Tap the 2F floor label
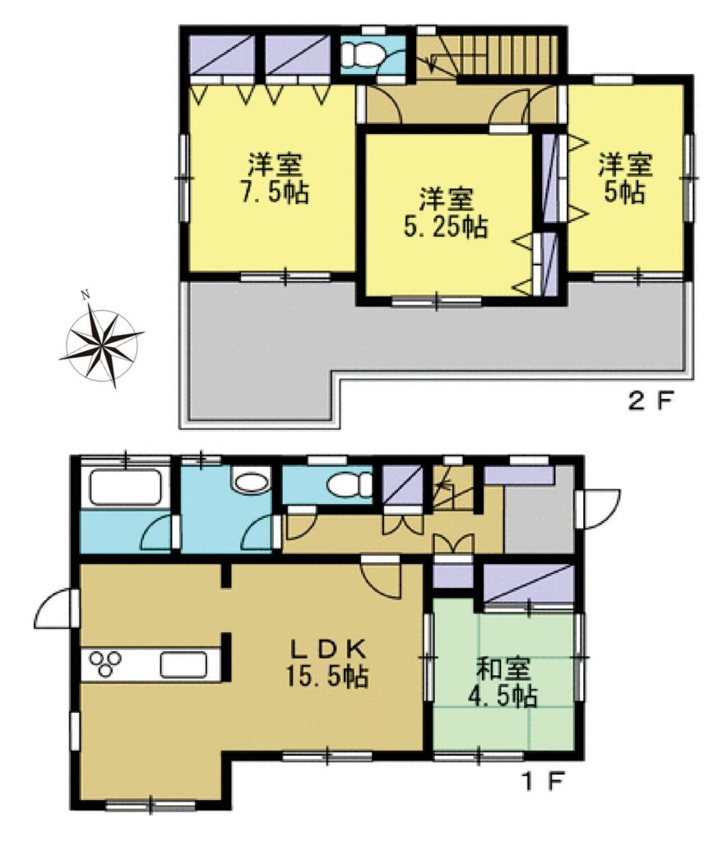(650, 401)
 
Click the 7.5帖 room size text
(275, 192)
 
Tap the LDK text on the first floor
(328, 650)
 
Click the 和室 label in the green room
(504, 669)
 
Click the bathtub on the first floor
(125, 488)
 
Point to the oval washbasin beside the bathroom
(251, 480)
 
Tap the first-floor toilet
(350, 485)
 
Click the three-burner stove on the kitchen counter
(104, 664)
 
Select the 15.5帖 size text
(327, 678)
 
